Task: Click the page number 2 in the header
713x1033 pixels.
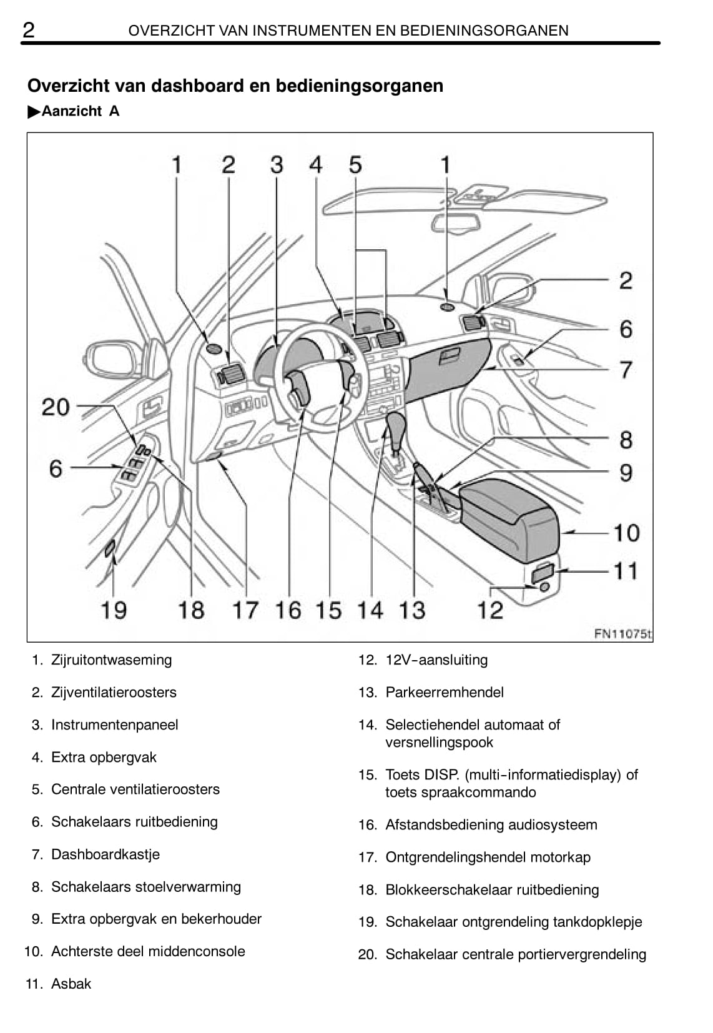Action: coord(29,29)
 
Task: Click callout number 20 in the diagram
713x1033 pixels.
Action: coord(56,407)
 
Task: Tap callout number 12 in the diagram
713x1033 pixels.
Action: coord(490,609)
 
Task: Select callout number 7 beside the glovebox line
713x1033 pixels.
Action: coord(626,370)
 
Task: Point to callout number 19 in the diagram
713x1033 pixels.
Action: coord(114,610)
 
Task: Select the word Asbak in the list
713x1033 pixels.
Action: coord(71,984)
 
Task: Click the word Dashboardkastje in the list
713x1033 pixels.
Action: coord(106,854)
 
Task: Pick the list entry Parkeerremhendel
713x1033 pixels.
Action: coord(445,692)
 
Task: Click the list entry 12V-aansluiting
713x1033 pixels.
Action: coord(436,660)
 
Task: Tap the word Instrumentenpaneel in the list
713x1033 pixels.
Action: coord(115,724)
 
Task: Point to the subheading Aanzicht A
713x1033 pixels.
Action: coord(80,111)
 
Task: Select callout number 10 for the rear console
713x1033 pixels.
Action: coord(626,533)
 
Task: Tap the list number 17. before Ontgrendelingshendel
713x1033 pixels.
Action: coord(368,857)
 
